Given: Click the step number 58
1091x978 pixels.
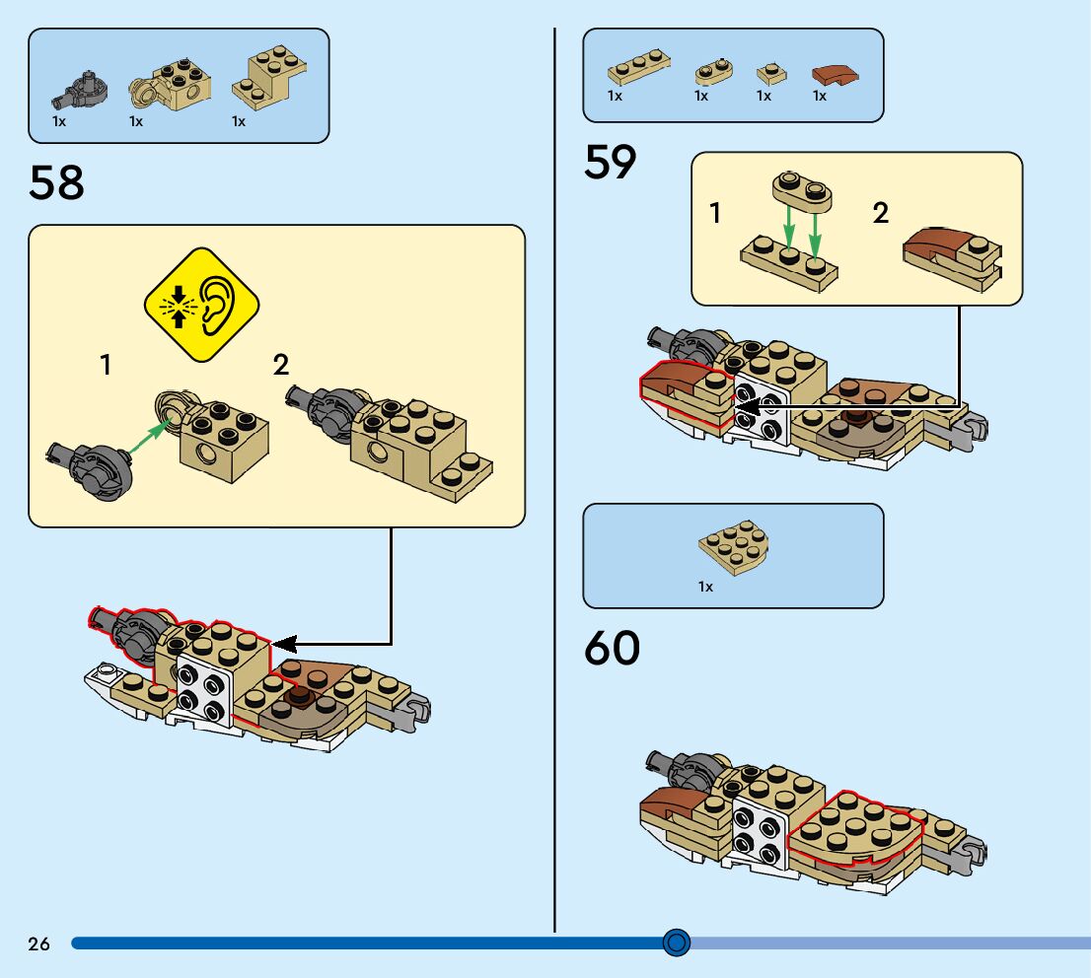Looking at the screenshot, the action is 56,183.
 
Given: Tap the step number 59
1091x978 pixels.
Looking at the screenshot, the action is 611,162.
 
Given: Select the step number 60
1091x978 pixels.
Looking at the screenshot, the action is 612,649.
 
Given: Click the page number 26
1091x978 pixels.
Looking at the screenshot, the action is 38,944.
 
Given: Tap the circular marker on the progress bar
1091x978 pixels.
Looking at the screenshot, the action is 676,943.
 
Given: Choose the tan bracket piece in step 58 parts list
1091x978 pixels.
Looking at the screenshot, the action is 267,79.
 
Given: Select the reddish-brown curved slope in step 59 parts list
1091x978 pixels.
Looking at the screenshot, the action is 836,74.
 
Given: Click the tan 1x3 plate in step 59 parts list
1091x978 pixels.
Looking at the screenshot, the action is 639,71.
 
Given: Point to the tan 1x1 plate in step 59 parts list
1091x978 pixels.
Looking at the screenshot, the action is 770,73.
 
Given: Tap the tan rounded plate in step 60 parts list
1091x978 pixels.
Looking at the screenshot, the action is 733,546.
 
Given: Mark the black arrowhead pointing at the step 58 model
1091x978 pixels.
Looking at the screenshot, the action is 283,644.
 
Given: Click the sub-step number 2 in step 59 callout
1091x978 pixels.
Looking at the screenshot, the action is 881,213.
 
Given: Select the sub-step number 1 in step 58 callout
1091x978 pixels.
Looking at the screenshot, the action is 106,366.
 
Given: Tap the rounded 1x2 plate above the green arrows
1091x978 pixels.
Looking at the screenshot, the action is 801,189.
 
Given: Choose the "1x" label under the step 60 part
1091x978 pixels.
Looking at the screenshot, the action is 705,587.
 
